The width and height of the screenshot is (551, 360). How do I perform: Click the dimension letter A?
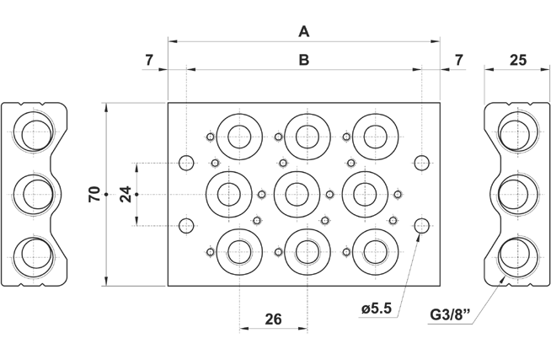(305, 31)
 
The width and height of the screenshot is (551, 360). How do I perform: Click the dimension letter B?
(305, 60)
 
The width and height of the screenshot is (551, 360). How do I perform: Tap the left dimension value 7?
(149, 60)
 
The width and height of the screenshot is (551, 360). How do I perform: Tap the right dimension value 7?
(458, 60)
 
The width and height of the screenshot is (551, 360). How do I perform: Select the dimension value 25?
(517, 60)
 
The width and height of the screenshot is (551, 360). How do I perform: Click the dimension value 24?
(125, 194)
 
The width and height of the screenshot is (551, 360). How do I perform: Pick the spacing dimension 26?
(273, 319)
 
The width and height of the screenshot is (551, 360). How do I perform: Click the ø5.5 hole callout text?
(377, 309)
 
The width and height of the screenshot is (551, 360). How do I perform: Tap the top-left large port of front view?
(238, 134)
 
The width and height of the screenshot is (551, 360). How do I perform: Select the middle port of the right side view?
(515, 193)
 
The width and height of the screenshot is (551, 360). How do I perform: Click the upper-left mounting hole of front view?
(188, 162)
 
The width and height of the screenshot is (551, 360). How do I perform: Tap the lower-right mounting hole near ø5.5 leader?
(424, 224)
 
